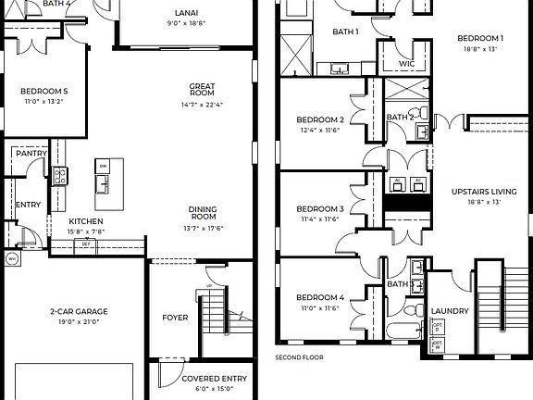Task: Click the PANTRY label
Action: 31,153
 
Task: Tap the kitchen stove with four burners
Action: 59,175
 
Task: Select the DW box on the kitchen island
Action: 104,167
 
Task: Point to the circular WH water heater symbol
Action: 12,258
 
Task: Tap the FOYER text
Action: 175,318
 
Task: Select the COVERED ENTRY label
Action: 214,379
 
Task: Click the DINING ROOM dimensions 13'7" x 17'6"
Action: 204,228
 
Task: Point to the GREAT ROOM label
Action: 203,89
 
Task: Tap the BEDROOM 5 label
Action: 43,91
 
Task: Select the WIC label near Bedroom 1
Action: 406,63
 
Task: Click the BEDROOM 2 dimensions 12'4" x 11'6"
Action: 320,131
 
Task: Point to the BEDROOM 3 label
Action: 320,209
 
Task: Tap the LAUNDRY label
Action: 450,311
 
